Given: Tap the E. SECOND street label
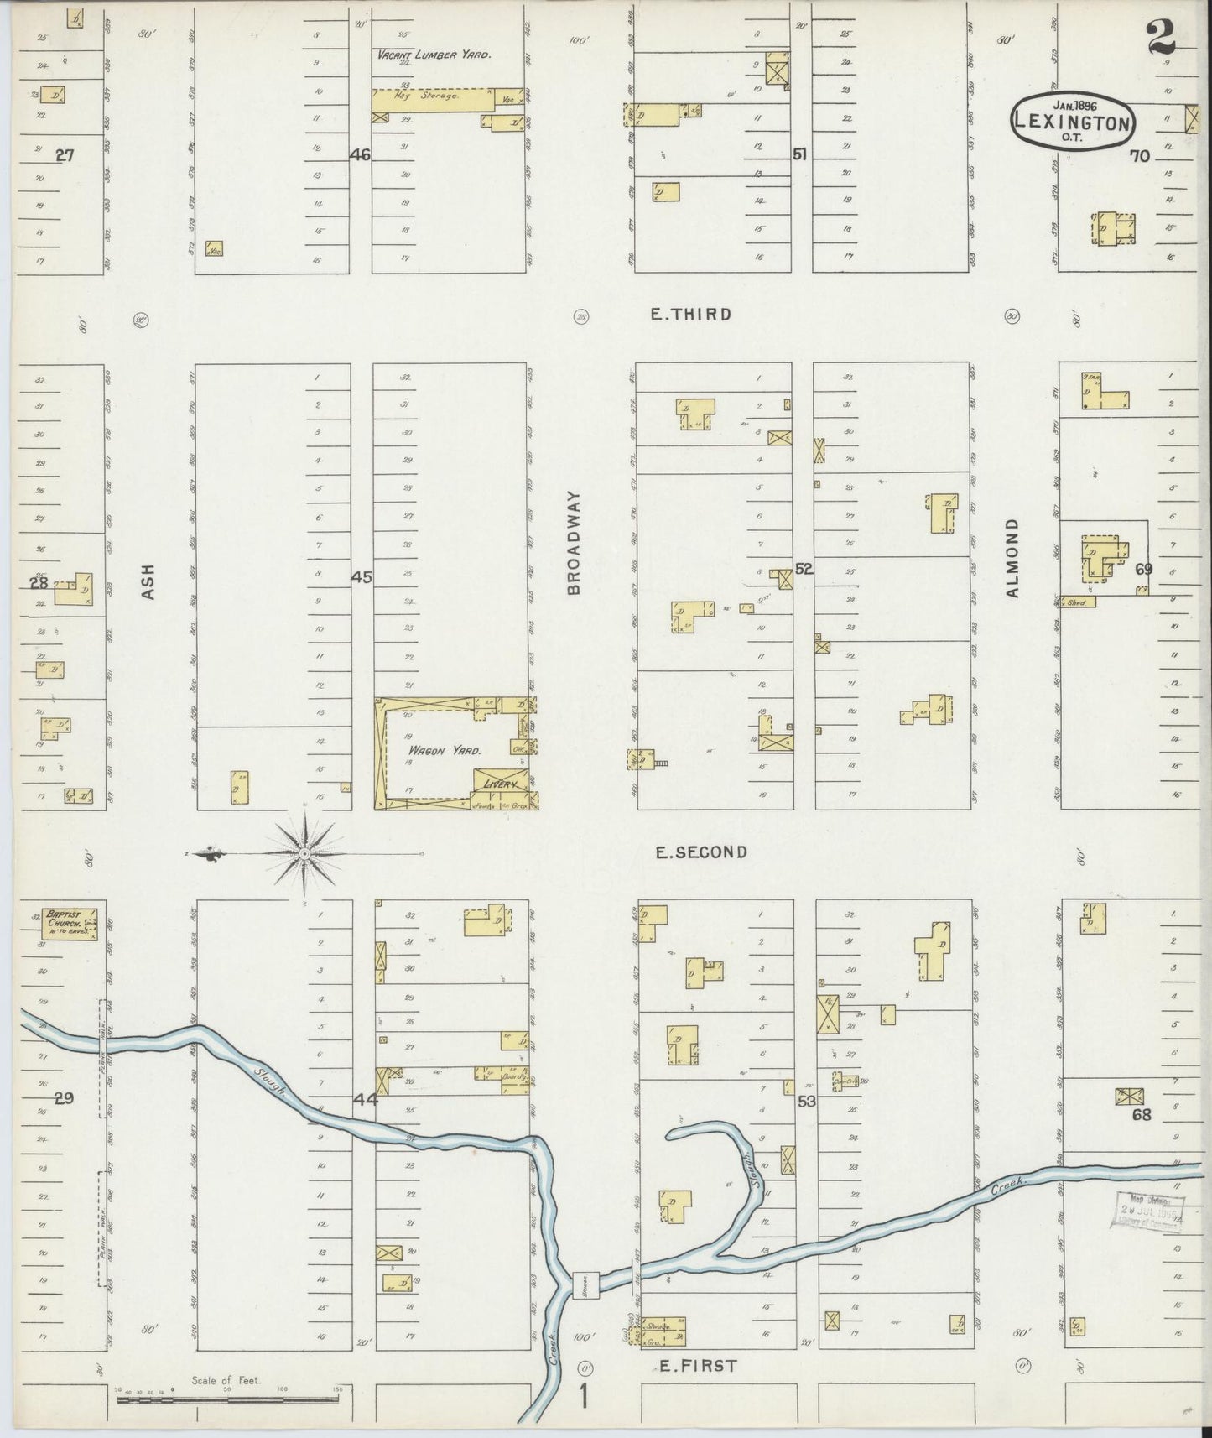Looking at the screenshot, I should pyautogui.click(x=701, y=852).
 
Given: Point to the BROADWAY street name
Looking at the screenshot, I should pyautogui.click(x=574, y=544).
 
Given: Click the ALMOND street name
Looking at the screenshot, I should pyautogui.click(x=1012, y=558).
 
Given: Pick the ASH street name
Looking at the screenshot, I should pyautogui.click(x=148, y=580).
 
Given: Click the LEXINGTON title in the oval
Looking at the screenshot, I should pyautogui.click(x=1073, y=122).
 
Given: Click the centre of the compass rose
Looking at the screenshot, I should pyautogui.click(x=305, y=854).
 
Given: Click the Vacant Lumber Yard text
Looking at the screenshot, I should pyautogui.click(x=434, y=55).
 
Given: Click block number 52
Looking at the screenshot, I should pyautogui.click(x=804, y=569).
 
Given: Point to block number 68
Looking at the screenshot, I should pyautogui.click(x=1142, y=1115).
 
